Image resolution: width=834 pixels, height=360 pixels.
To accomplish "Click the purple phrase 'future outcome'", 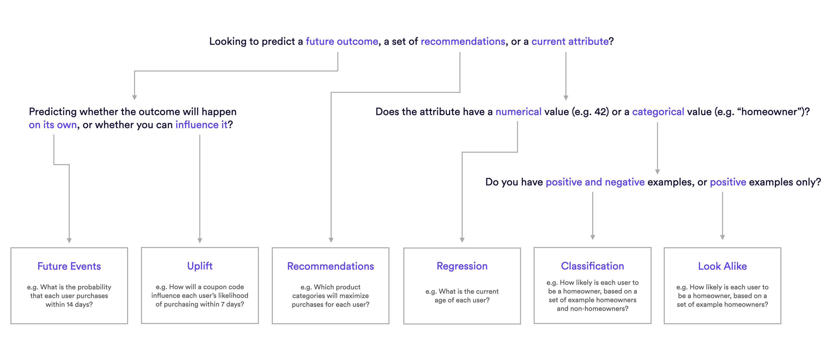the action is pos(342,41).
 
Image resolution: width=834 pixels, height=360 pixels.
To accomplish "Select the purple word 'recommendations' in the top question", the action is pos(463,41).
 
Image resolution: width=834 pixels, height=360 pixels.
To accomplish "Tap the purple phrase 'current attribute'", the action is pos(570,41).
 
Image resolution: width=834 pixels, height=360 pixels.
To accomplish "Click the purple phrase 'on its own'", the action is pos(53,125).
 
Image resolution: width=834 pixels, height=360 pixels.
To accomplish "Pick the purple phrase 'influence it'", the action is pos(201,125).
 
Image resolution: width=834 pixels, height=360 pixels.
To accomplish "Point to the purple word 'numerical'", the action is pos(518,112).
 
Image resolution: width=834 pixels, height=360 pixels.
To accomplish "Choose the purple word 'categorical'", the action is pos(658,112).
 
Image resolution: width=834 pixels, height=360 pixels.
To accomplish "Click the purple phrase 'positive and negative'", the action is pos(595,182).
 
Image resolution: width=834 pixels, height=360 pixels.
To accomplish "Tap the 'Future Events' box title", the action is pos(69,266).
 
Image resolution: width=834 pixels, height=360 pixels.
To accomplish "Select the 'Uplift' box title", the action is pos(200,266).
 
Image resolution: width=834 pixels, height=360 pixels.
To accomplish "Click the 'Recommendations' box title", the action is pos(331,266).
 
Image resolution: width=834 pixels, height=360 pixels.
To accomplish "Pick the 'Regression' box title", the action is pos(462,266).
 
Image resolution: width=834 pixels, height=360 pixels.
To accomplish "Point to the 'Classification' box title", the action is pos(592,266).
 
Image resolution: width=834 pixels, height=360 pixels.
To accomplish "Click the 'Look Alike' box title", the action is pos(722,266).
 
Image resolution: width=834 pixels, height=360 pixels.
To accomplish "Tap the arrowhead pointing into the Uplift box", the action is pos(200,241).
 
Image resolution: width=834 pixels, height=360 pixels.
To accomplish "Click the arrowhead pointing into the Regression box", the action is pos(462,240).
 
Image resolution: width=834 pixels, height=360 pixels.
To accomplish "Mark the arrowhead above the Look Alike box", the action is pos(722,237).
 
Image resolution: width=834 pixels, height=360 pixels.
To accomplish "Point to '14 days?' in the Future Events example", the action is pos(80,305).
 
